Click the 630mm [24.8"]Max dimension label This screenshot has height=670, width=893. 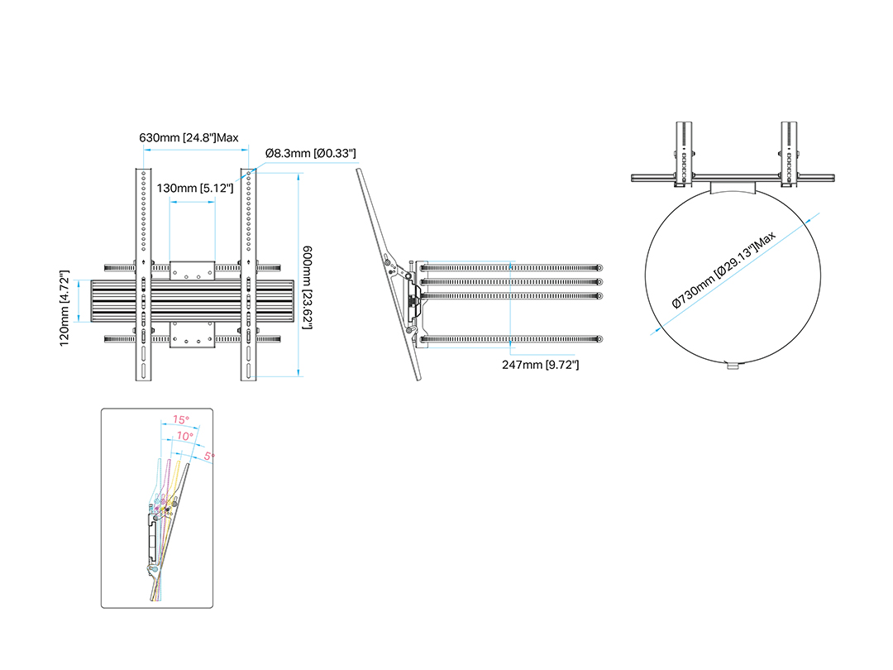(189, 138)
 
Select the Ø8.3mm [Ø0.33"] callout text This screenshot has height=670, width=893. (310, 153)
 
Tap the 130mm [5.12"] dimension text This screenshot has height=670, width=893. (195, 188)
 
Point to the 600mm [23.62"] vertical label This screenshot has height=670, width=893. (308, 287)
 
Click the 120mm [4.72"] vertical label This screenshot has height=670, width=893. (64, 309)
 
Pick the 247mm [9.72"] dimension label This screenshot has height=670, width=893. (541, 365)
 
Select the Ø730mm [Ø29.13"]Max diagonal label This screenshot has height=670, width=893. (723, 270)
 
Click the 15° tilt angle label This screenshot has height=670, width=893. (180, 419)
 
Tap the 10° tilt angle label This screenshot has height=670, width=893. (184, 436)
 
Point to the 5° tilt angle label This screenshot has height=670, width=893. (209, 457)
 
